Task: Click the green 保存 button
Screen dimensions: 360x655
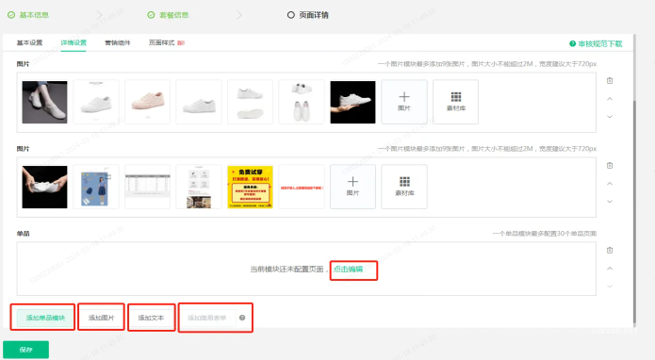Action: click(x=25, y=350)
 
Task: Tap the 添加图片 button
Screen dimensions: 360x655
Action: click(x=101, y=318)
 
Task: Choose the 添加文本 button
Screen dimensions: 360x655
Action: click(x=151, y=318)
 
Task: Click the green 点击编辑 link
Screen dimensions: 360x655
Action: click(x=353, y=270)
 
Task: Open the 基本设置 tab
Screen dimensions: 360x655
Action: click(x=29, y=43)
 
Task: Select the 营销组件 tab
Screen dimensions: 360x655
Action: click(x=118, y=43)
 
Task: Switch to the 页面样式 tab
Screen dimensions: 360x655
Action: click(x=163, y=43)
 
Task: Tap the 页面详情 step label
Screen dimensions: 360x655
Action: click(x=314, y=14)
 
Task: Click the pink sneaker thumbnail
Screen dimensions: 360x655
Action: click(x=147, y=102)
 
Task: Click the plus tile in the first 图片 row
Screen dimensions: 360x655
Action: click(x=403, y=102)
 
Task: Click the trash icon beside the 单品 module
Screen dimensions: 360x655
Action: click(x=610, y=251)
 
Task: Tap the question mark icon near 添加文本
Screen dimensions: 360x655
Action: click(x=242, y=318)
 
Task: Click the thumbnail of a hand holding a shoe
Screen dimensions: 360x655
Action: click(x=352, y=102)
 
